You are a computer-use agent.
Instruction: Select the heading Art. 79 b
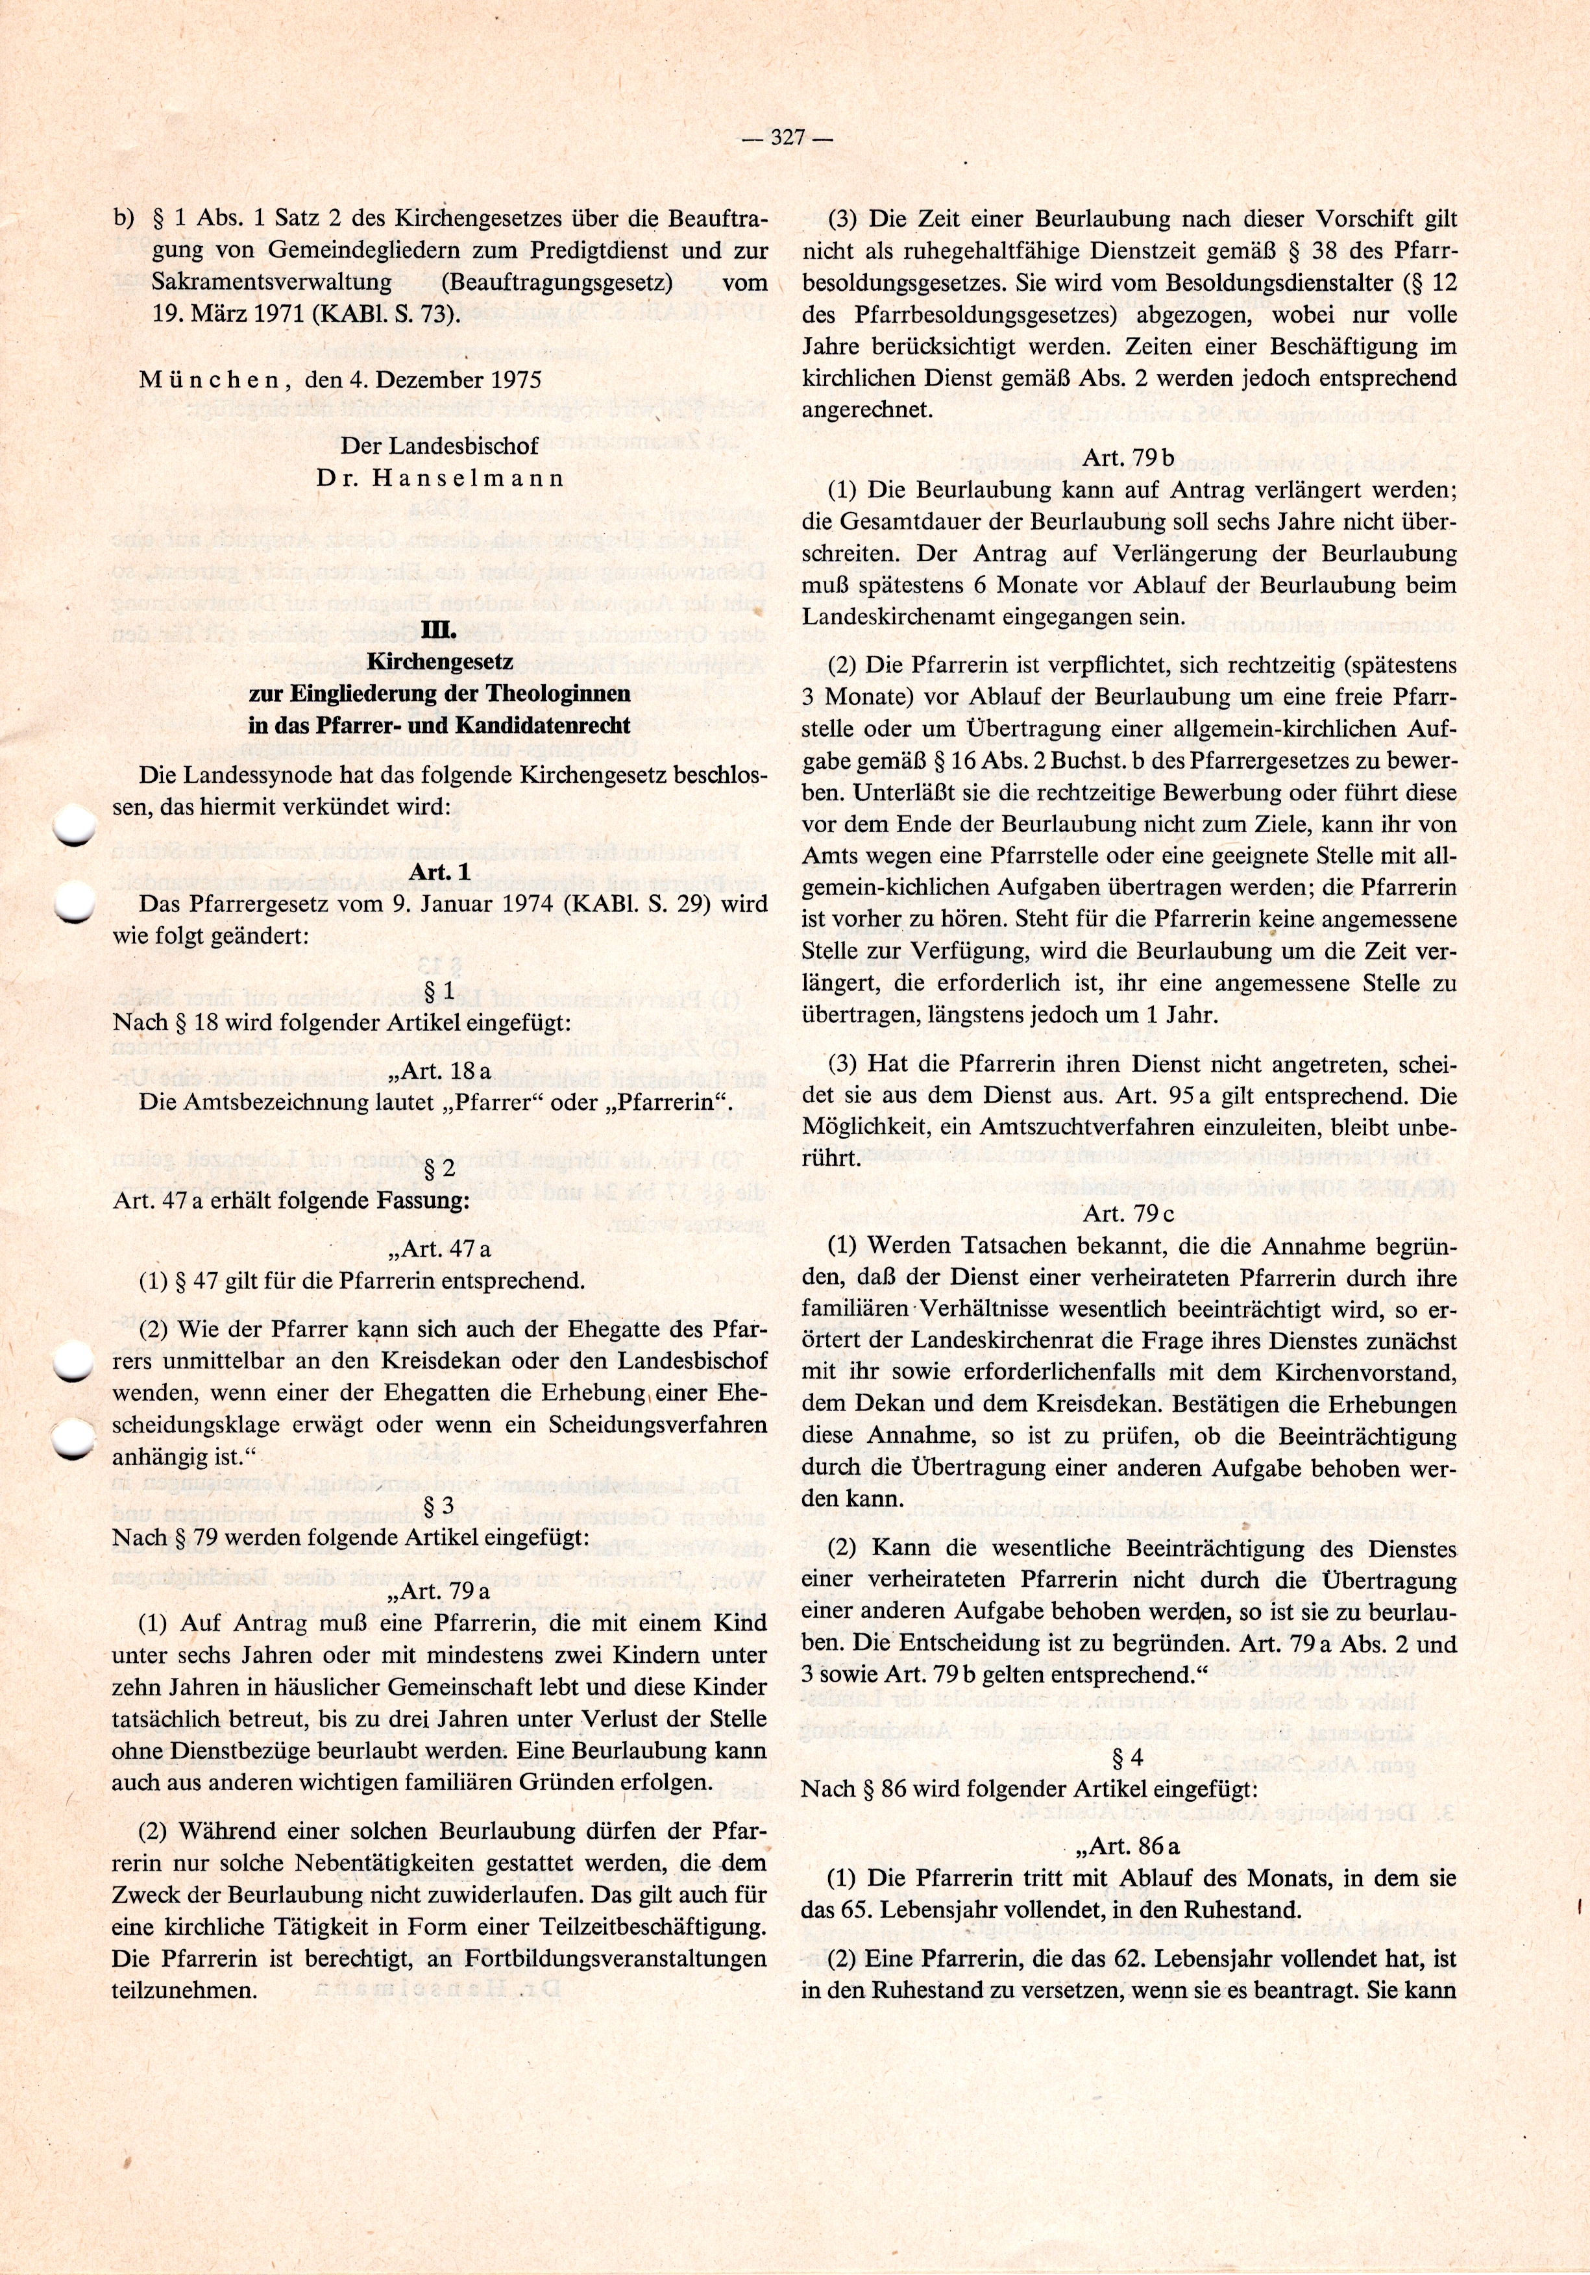click(x=1129, y=458)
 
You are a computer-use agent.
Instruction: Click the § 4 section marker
click(x=1129, y=1758)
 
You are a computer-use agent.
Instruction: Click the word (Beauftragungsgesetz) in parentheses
click(x=557, y=282)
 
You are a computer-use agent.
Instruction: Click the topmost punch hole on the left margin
click(x=73, y=826)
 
